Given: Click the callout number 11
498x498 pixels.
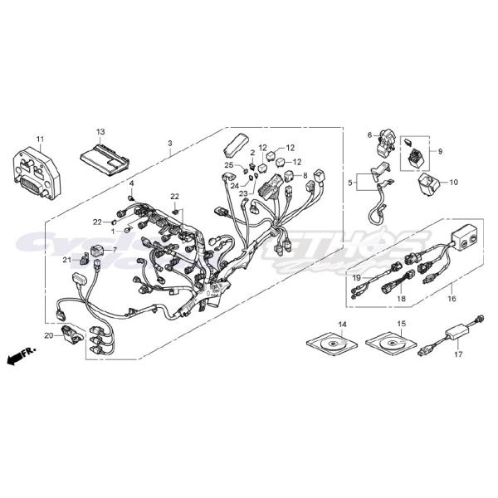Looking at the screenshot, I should click(x=39, y=137).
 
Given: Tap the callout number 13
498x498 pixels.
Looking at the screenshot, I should click(x=100, y=132).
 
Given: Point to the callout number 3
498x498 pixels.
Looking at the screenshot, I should click(x=169, y=143).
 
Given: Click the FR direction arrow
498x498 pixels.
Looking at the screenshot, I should click(x=17, y=358).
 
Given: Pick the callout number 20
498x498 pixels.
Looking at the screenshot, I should click(x=49, y=335).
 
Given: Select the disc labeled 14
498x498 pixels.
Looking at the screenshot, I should click(x=332, y=342).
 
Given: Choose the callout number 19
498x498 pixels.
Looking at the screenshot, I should click(x=354, y=277).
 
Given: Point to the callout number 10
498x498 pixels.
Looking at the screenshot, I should click(x=453, y=181).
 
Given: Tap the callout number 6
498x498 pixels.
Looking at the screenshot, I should click(x=369, y=134).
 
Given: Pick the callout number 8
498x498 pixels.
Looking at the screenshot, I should click(x=305, y=175).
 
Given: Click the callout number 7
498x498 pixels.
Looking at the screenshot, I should click(x=115, y=249).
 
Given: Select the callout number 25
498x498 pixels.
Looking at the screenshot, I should click(x=228, y=166).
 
